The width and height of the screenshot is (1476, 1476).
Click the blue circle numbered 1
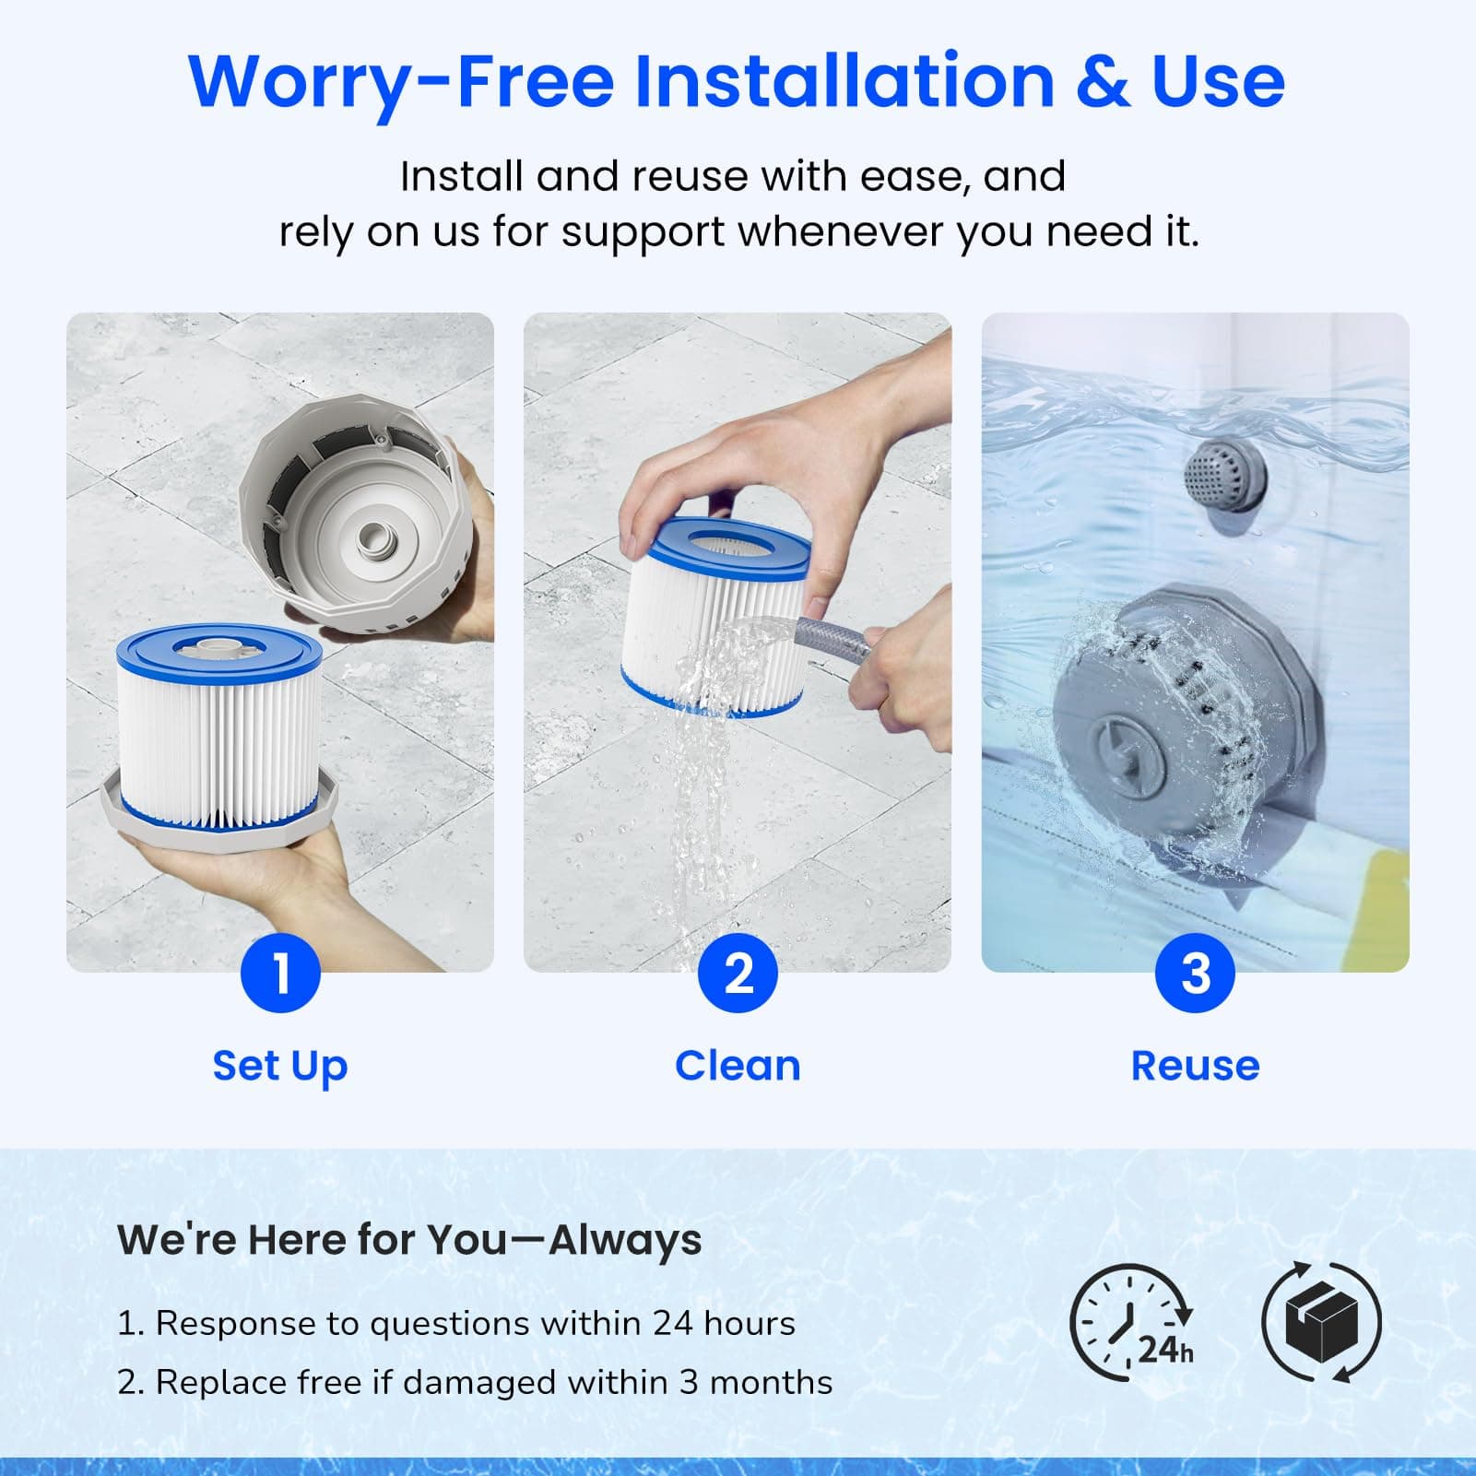point(280,973)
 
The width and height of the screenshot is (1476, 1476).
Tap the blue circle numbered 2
point(738,973)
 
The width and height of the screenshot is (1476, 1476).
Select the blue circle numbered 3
point(1195,973)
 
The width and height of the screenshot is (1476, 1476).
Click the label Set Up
point(280,1066)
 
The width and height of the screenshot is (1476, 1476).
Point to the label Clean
point(738,1066)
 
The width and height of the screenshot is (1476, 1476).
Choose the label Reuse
point(1195,1066)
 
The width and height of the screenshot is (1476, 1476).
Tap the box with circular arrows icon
point(1321,1322)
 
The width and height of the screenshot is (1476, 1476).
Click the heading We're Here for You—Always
point(409,1239)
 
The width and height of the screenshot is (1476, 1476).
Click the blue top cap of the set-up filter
point(218,651)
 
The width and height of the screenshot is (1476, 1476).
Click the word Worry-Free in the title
point(400,81)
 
